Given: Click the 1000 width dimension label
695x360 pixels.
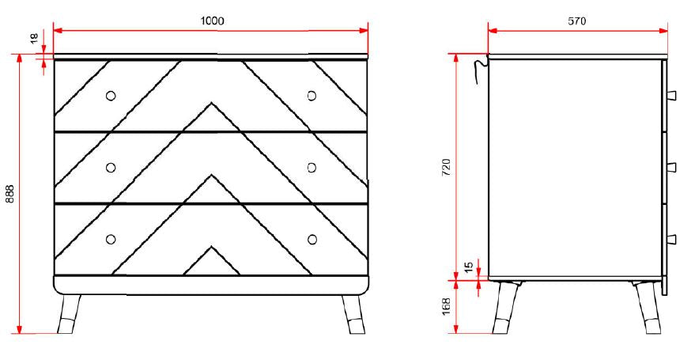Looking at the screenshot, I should coord(211,21).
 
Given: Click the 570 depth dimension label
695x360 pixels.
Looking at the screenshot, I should coord(577,21).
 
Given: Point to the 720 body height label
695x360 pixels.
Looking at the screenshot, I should coord(445,167).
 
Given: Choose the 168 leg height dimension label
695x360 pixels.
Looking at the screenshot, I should coord(445,306).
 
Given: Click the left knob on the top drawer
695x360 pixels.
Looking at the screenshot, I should coord(111,96).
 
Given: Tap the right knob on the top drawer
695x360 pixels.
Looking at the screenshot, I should coord(312,96).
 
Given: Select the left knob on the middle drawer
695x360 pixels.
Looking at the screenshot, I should coord(111,167).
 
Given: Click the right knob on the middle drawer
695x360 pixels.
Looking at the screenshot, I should coord(312,167).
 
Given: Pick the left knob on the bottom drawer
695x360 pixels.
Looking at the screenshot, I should coord(111,239).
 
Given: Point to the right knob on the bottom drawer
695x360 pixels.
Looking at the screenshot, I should coord(312,239).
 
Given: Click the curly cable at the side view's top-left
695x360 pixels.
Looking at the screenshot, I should coord(478,69).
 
